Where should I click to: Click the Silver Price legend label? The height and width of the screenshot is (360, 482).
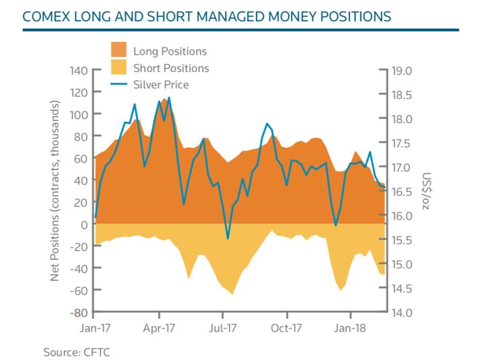161,85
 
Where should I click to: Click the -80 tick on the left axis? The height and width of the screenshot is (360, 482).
79,313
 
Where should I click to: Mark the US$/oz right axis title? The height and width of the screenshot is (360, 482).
426,192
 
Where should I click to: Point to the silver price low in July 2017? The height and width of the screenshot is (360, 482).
228,238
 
